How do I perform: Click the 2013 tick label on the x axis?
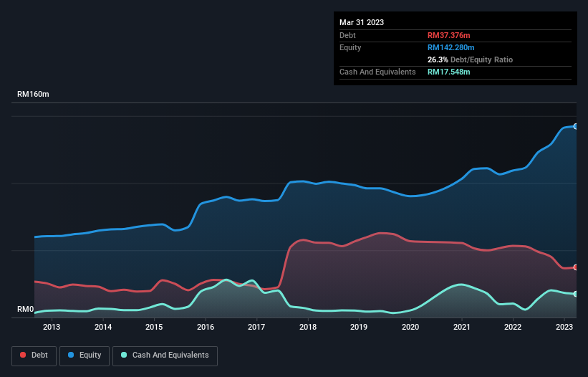[52, 327]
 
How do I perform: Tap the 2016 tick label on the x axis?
[206, 327]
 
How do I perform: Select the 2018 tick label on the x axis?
[308, 327]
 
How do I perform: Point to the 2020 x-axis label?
[410, 327]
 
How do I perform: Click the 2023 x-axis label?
[564, 327]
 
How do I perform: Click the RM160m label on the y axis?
[33, 95]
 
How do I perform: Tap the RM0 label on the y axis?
[26, 310]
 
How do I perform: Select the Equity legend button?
[85, 355]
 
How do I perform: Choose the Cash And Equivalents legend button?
[165, 355]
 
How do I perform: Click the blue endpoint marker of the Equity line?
[576, 126]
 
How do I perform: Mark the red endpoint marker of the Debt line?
[576, 267]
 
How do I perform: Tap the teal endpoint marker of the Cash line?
[576, 294]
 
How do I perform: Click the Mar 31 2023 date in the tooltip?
[362, 22]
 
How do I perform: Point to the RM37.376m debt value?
[448, 35]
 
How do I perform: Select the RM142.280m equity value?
[451, 47]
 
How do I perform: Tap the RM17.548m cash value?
[448, 72]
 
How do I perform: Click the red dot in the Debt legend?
[24, 355]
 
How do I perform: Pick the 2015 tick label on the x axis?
[154, 327]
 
